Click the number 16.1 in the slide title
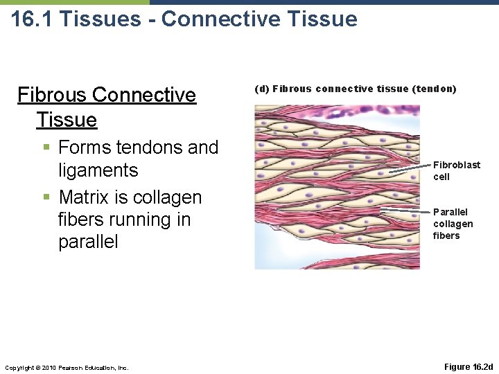(32, 19)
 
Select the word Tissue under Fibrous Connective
(67, 120)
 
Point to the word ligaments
(98, 170)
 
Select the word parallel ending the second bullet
(88, 242)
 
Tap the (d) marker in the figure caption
(262, 89)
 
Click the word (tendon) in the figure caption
(434, 89)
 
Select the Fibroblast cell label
(456, 170)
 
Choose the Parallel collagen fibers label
(453, 224)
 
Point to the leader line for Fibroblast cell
(409, 168)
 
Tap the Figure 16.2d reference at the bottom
(468, 366)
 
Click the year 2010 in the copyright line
(48, 367)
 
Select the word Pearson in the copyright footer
(71, 367)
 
